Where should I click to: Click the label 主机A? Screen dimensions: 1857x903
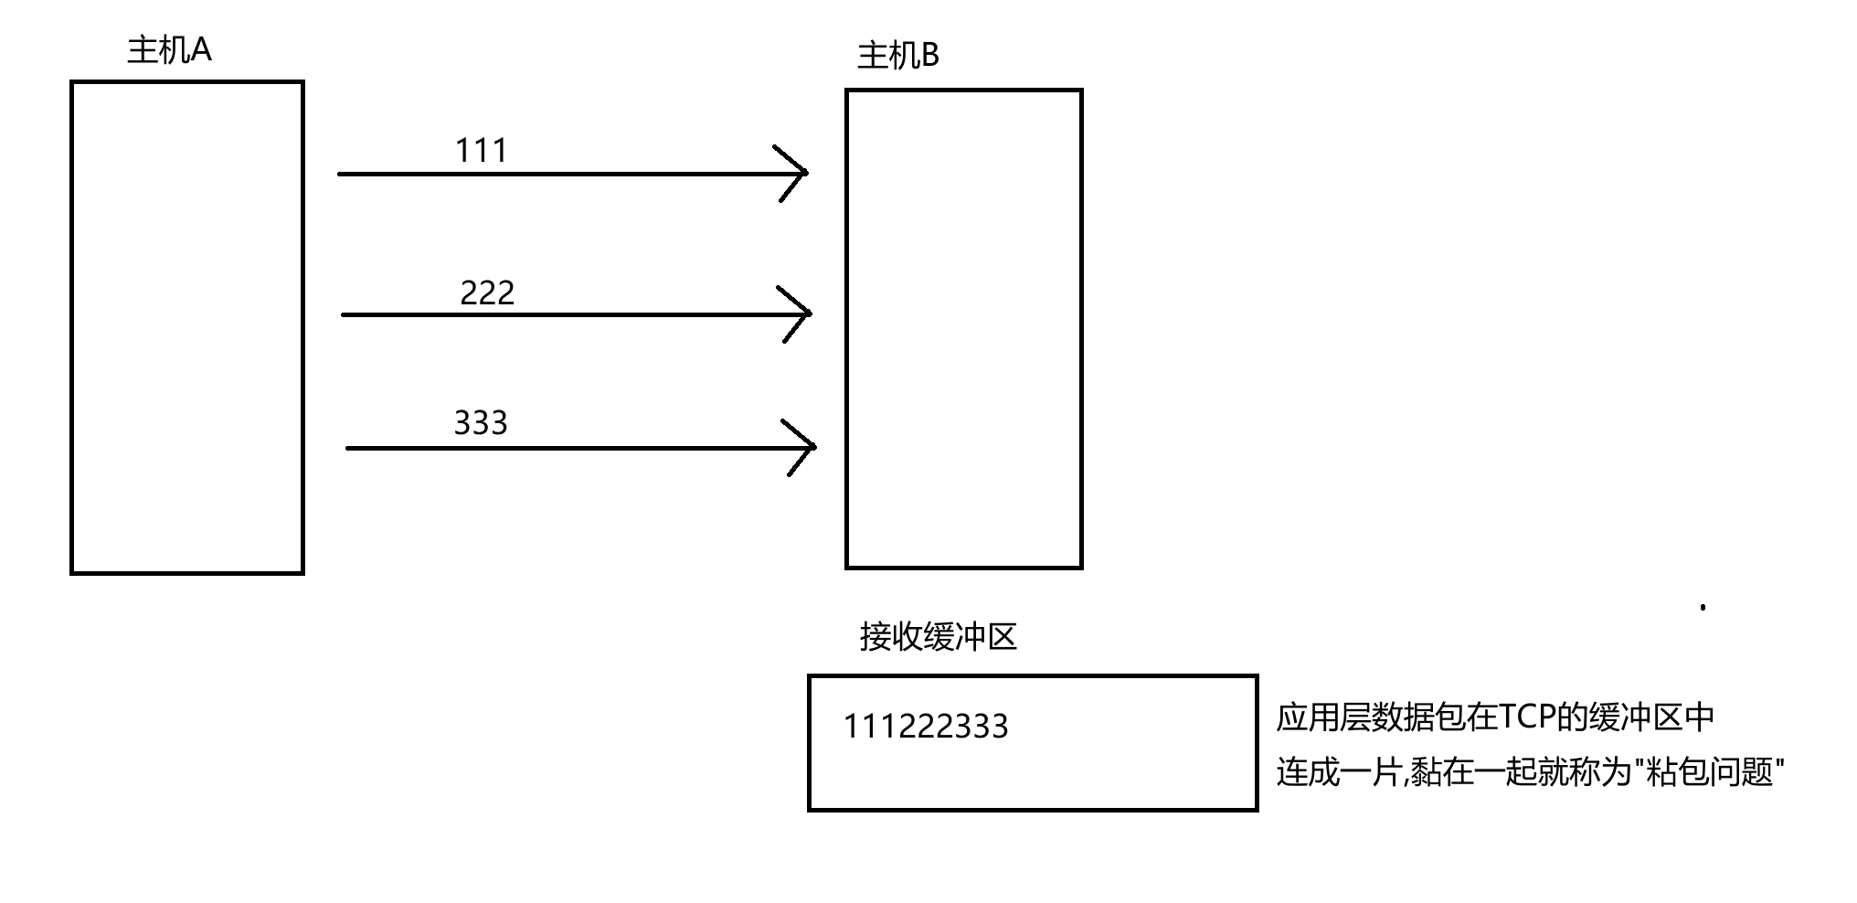(x=169, y=50)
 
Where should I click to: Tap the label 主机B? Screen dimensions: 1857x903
(x=897, y=57)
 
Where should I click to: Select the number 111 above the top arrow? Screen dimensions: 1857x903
(x=481, y=151)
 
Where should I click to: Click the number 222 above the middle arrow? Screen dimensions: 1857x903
(x=487, y=293)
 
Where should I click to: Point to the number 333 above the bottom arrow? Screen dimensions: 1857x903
(x=480, y=423)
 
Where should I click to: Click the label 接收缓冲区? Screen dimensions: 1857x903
(x=938, y=637)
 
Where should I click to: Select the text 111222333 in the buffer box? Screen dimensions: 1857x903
(x=925, y=727)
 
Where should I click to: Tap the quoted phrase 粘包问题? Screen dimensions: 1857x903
(x=1709, y=773)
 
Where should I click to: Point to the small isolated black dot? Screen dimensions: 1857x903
(x=1703, y=607)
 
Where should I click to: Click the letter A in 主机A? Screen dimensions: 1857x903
(x=201, y=50)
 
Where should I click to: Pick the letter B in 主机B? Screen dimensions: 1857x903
(x=928, y=57)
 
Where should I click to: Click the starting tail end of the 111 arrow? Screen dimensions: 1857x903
(x=341, y=173)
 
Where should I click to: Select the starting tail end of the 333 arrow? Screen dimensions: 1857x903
(x=349, y=448)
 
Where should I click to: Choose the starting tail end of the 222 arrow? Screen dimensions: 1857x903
(x=345, y=314)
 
